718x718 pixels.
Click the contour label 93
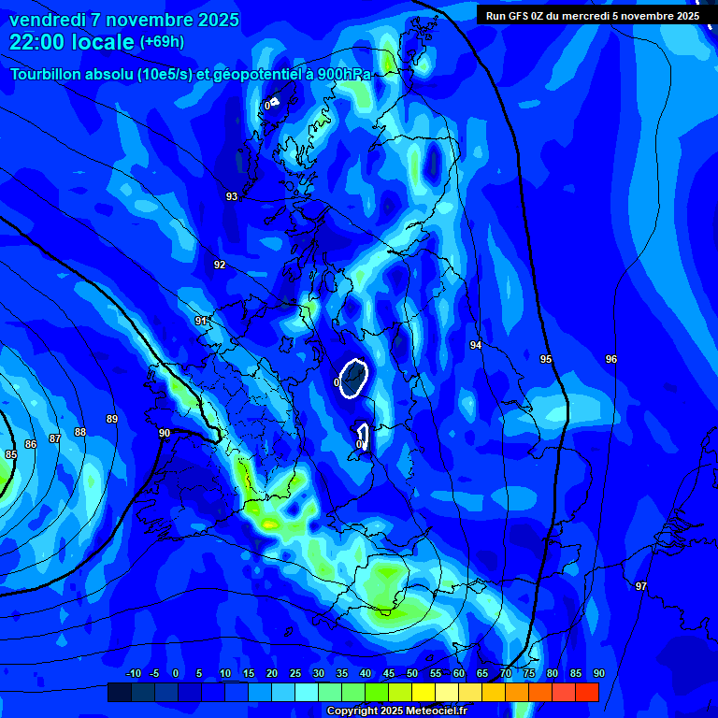pyautogui.click(x=232, y=196)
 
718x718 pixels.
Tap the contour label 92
pyautogui.click(x=220, y=265)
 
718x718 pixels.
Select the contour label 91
pyautogui.click(x=201, y=321)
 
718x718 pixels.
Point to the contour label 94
pyautogui.click(x=476, y=345)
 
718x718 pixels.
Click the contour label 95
pyautogui.click(x=546, y=359)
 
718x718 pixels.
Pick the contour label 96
pyautogui.click(x=611, y=359)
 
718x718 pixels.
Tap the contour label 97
pyautogui.click(x=640, y=586)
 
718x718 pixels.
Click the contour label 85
pyautogui.click(x=11, y=454)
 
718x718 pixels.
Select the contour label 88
pyautogui.click(x=80, y=432)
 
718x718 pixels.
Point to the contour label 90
pyautogui.click(x=165, y=433)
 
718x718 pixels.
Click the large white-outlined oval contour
pyautogui.click(x=353, y=378)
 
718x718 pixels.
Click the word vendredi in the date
pyautogui.click(x=47, y=20)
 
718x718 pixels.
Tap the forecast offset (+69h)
pyautogui.click(x=162, y=42)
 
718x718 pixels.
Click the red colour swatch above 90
pyautogui.click(x=587, y=693)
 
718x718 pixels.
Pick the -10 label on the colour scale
pyautogui.click(x=134, y=674)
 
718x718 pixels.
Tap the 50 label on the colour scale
pyautogui.click(x=412, y=674)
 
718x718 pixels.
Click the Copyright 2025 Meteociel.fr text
pyautogui.click(x=396, y=711)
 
